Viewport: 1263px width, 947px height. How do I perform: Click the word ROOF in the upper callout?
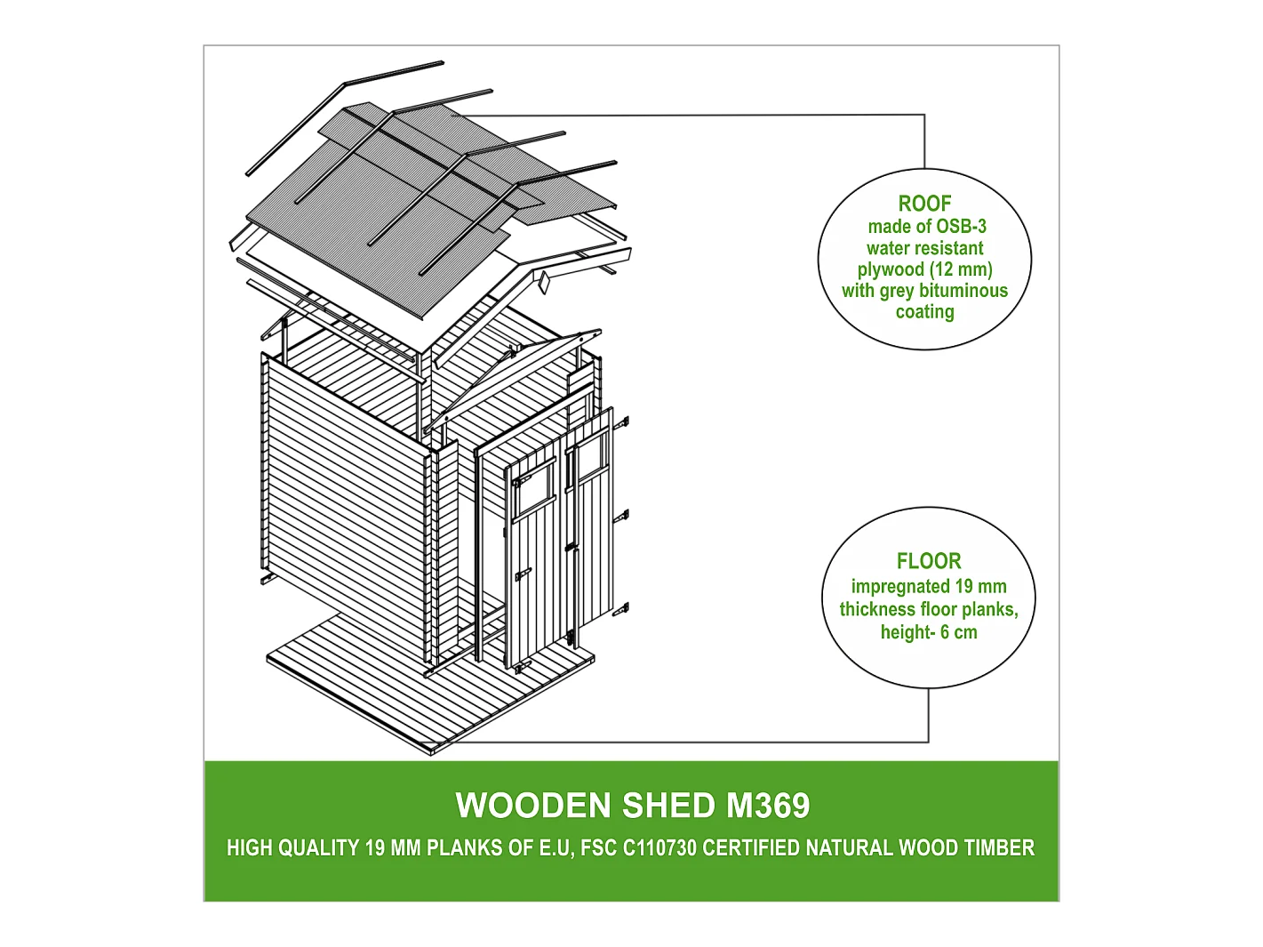[924, 204]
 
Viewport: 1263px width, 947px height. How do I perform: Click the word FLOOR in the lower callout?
[929, 561]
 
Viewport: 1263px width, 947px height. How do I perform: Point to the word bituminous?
[963, 291]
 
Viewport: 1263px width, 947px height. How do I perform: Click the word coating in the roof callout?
[924, 312]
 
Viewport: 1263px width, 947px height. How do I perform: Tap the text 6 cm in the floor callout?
[958, 632]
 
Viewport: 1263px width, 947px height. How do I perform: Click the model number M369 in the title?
[768, 806]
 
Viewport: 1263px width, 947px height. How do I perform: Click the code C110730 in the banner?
[659, 848]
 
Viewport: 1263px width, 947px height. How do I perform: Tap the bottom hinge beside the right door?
[621, 609]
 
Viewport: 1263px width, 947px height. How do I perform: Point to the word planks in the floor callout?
[988, 609]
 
